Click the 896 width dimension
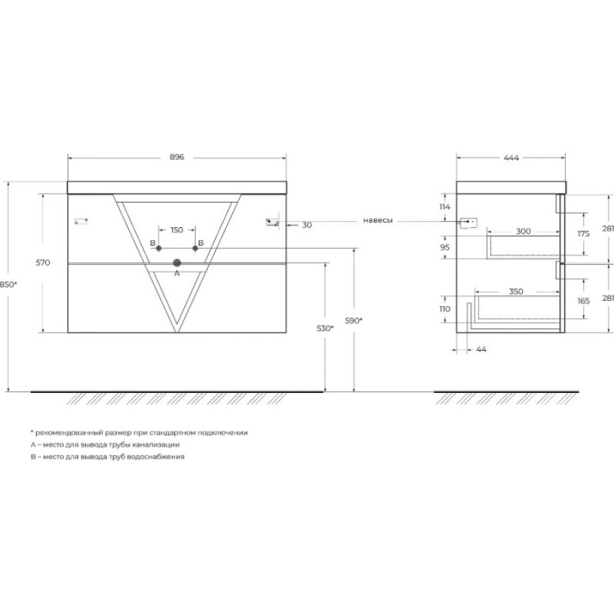click(x=177, y=157)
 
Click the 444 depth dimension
click(x=511, y=158)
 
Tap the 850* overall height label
click(x=8, y=284)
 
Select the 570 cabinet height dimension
click(x=43, y=263)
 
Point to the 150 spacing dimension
click(x=177, y=230)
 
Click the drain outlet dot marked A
click(x=177, y=263)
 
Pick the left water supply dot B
click(x=158, y=248)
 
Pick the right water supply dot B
click(x=195, y=248)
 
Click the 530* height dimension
click(x=325, y=329)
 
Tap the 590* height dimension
click(x=353, y=321)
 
